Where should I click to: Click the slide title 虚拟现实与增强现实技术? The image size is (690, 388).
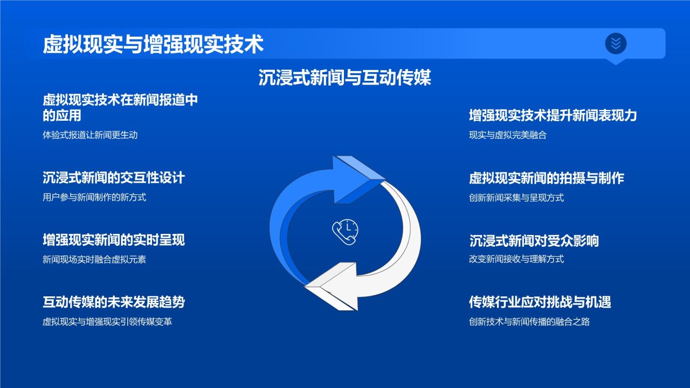pyautogui.click(x=153, y=44)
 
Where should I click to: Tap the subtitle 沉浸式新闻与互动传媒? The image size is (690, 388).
pyautogui.click(x=344, y=77)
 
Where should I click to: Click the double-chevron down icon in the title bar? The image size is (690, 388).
pyautogui.click(x=616, y=44)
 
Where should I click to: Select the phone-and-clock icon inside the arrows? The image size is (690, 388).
pyautogui.click(x=345, y=232)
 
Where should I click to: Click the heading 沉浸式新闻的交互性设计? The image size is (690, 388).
pyautogui.click(x=114, y=178)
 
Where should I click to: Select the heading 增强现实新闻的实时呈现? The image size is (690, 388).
pyautogui.click(x=114, y=240)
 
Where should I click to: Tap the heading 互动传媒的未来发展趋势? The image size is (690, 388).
pyautogui.click(x=114, y=302)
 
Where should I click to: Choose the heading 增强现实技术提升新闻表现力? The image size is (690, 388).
pyautogui.click(x=553, y=115)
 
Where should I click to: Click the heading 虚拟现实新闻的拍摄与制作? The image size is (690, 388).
pyautogui.click(x=547, y=178)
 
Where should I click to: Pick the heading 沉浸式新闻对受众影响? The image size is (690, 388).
pyautogui.click(x=534, y=241)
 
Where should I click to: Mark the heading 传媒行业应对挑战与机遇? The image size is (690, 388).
pyautogui.click(x=540, y=302)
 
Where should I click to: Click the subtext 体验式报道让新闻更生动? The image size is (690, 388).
pyautogui.click(x=90, y=135)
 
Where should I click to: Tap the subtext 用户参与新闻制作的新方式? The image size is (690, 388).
pyautogui.click(x=94, y=197)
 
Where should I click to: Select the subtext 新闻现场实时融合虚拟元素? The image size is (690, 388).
pyautogui.click(x=94, y=259)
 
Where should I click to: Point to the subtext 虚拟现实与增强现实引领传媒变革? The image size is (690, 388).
pyautogui.click(x=107, y=322)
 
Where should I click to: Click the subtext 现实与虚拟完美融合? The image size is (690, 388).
pyautogui.click(x=508, y=135)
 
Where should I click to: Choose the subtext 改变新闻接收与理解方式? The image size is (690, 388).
pyautogui.click(x=516, y=259)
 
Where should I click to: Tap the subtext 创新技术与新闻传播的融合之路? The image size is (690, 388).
pyautogui.click(x=529, y=322)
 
